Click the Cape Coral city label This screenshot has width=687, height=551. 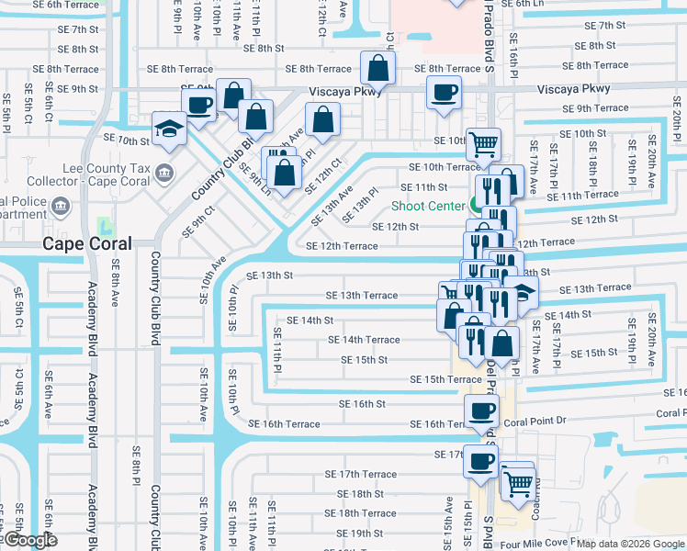[x=87, y=243]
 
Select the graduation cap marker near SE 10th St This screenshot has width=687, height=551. [x=170, y=129]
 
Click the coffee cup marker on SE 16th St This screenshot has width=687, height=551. [x=481, y=411]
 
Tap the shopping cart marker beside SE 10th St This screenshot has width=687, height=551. [x=483, y=143]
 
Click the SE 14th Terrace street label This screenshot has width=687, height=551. [x=364, y=340]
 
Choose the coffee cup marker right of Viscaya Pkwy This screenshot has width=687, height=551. [x=445, y=93]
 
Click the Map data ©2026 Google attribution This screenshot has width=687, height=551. [x=631, y=544]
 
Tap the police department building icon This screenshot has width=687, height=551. [x=62, y=205]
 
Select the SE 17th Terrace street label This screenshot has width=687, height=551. [x=360, y=474]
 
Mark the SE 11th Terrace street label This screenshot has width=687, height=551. [x=584, y=195]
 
